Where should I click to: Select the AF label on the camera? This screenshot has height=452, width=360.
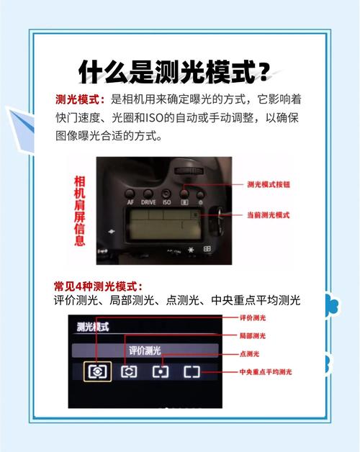[130, 202]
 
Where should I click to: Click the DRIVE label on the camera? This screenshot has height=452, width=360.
[148, 202]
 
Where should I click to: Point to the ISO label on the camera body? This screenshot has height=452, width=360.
[166, 202]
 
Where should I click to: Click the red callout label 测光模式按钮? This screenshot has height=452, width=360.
[268, 184]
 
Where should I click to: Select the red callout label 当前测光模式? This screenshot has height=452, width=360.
[268, 215]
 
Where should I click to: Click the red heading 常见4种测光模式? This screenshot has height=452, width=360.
[99, 286]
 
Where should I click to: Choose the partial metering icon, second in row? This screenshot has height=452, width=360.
[129, 371]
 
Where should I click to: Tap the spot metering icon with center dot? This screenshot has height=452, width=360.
[160, 371]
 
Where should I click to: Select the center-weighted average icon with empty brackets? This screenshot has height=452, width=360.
[191, 371]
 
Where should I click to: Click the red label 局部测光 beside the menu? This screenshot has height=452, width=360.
[253, 335]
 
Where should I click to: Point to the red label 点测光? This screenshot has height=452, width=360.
[249, 354]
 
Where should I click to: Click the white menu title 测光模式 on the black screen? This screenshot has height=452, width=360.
[93, 327]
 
